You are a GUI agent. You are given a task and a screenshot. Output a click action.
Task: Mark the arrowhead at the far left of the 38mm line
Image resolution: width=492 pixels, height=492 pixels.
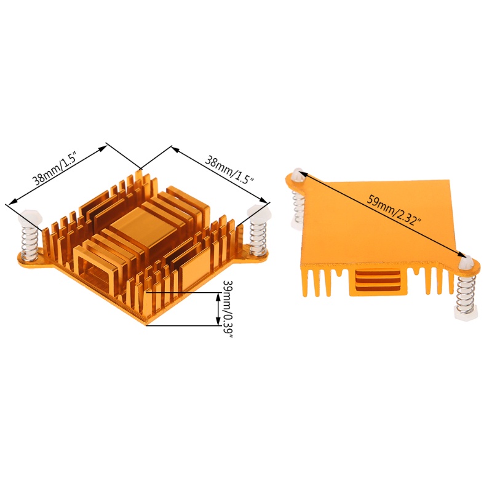point(9,202)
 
